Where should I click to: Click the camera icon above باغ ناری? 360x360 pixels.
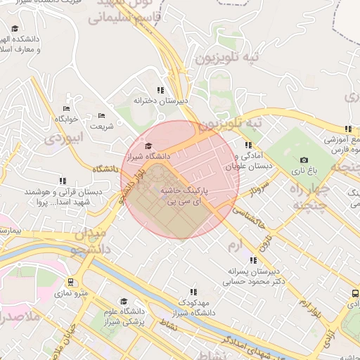(304, 160)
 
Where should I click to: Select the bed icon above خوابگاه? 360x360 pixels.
(67, 108)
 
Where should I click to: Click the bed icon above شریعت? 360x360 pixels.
(102, 116)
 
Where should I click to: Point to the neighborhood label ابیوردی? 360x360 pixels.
(64, 138)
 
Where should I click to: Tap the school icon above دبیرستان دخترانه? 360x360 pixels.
(161, 90)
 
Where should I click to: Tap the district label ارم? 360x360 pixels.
(235, 244)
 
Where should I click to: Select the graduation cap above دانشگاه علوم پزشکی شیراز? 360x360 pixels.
(124, 301)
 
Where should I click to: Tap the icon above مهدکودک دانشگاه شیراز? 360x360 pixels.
(193, 291)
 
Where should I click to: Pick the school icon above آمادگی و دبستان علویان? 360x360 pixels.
(247, 145)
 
